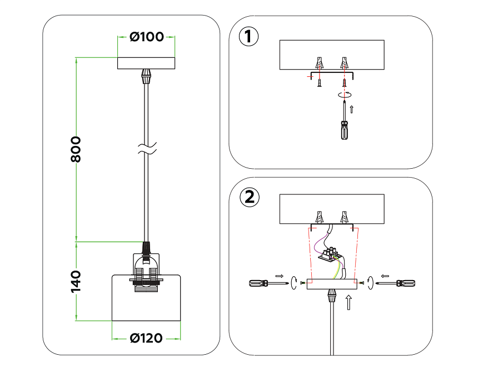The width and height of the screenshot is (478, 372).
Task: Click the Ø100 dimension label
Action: pyautogui.click(x=147, y=37)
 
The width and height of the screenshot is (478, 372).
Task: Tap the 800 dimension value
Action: pyautogui.click(x=76, y=149)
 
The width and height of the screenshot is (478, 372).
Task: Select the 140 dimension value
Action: pyautogui.click(x=76, y=281)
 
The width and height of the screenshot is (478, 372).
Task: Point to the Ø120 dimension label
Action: pyautogui.click(x=146, y=338)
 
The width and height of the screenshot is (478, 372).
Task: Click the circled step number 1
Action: pyautogui.click(x=248, y=37)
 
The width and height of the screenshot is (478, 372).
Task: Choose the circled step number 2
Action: pyautogui.click(x=248, y=197)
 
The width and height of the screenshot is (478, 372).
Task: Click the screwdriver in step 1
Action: pyautogui.click(x=345, y=125)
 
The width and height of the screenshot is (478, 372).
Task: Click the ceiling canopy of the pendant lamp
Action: pyautogui.click(x=146, y=63)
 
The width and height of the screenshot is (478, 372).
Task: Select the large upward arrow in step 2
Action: pyautogui.click(x=348, y=303)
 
